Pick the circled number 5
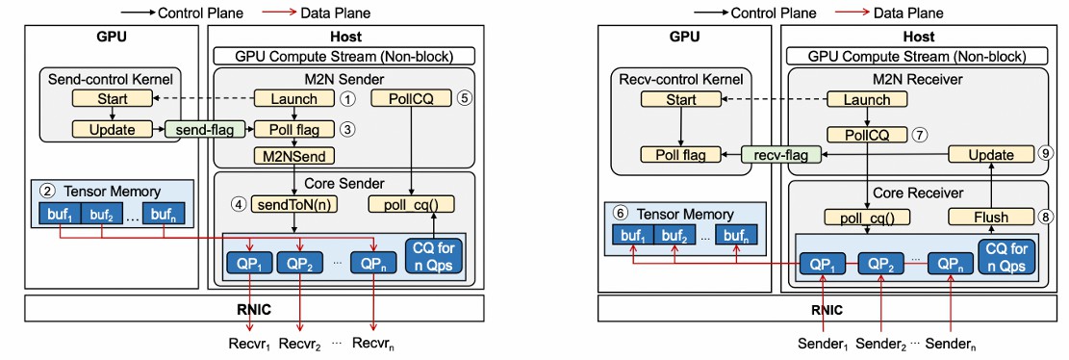465,99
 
